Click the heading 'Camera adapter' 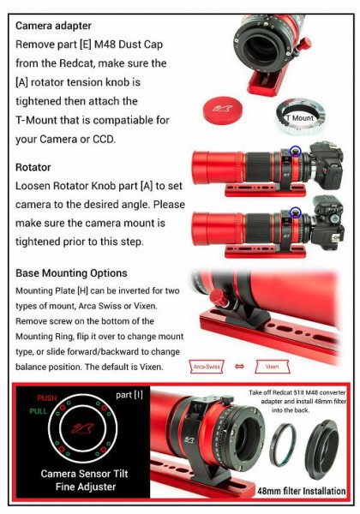pyautogui.click(x=53, y=26)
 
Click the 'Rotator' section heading pyautogui.click(x=33, y=167)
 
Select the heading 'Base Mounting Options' pyautogui.click(x=71, y=273)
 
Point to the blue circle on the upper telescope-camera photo pyautogui.click(x=296, y=152)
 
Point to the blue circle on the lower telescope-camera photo pyautogui.click(x=296, y=212)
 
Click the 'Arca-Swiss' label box pyautogui.click(x=207, y=367)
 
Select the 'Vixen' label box pyautogui.click(x=272, y=367)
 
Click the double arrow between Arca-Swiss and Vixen pyautogui.click(x=240, y=367)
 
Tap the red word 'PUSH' pyautogui.click(x=47, y=398)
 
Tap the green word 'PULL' pyautogui.click(x=39, y=411)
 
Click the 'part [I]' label pyautogui.click(x=129, y=395)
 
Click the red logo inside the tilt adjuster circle pyautogui.click(x=83, y=427)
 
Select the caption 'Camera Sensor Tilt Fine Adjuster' pyautogui.click(x=85, y=480)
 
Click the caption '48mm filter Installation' pyautogui.click(x=302, y=491)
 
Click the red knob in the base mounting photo pyautogui.click(x=218, y=297)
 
